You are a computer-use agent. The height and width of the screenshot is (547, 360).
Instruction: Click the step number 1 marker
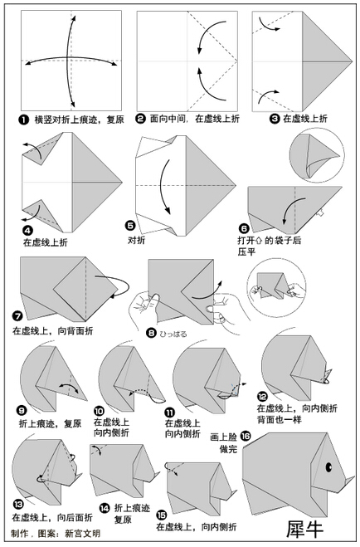pos(23,120)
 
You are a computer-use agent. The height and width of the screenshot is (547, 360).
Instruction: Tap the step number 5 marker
pos(130,226)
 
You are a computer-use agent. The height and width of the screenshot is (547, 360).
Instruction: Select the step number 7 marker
pos(17,316)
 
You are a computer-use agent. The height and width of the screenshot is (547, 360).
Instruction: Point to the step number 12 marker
pos(262,397)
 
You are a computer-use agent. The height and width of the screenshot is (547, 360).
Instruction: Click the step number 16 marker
pos(246,436)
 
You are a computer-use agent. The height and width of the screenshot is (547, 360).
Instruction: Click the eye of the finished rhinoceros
pos(328,466)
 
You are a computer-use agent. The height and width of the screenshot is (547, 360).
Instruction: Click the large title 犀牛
pos(305,529)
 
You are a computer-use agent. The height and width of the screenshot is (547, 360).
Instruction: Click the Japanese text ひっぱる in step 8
pos(173,334)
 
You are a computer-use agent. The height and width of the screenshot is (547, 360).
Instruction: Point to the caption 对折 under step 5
pos(136,240)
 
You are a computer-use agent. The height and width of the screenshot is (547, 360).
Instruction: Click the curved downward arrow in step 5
pos(163,187)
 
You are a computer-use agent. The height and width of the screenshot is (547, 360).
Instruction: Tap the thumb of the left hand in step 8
pos(153,300)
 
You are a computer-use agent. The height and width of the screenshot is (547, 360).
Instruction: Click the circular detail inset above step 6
pos(317,155)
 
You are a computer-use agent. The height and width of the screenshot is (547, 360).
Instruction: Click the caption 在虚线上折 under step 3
pos(305,119)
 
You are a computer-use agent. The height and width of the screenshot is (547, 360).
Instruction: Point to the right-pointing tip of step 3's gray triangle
pos(353,61)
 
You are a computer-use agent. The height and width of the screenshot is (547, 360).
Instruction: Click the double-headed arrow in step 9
pos(69,385)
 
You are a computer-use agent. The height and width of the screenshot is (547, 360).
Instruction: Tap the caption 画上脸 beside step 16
pos(223,437)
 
